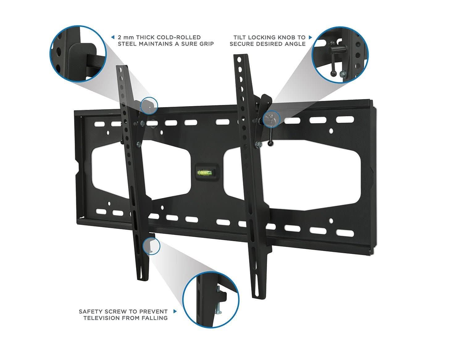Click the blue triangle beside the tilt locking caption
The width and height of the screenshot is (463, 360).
(x=311, y=37)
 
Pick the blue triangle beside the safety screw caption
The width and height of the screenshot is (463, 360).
(x=175, y=312)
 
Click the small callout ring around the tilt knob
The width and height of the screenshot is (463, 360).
(x=271, y=118)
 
